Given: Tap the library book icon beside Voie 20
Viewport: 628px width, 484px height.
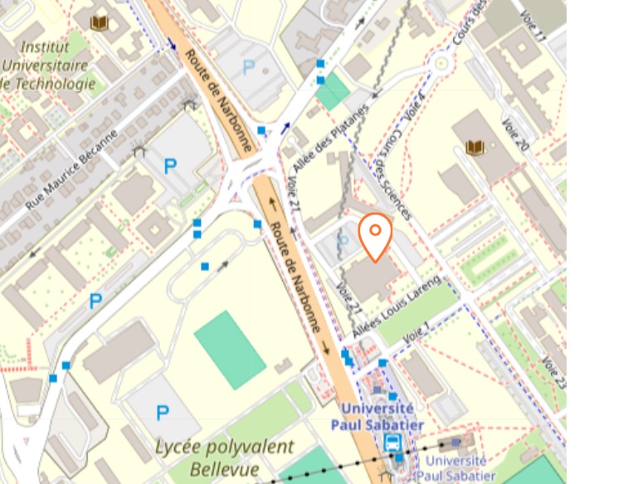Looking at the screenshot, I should [x=475, y=148].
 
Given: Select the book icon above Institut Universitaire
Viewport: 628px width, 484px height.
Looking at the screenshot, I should [x=100, y=22].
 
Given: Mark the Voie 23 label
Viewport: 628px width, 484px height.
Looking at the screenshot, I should [x=553, y=373].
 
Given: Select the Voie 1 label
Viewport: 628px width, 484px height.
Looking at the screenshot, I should [x=417, y=332].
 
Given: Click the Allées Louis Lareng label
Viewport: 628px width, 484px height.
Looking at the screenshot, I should [x=396, y=306].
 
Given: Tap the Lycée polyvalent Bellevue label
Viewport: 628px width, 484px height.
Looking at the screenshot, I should [x=224, y=457].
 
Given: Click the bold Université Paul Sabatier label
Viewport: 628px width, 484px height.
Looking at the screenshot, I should [x=377, y=417].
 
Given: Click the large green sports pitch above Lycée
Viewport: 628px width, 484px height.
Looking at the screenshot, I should [x=230, y=349].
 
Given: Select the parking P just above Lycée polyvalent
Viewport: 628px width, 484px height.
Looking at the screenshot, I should [x=163, y=412].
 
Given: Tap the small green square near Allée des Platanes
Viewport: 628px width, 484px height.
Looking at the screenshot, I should [x=333, y=91].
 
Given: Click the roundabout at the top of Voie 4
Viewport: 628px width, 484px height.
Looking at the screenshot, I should [x=441, y=62].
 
